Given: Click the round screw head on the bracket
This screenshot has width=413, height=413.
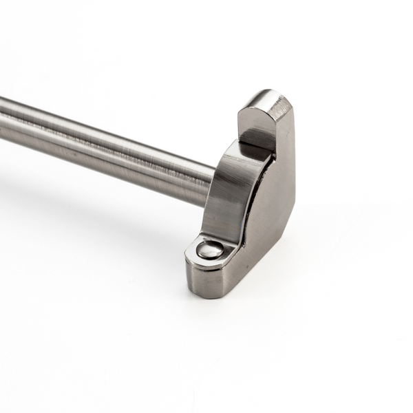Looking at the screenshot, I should [x=210, y=249].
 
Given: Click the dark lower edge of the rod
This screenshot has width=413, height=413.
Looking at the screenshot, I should [x=103, y=162].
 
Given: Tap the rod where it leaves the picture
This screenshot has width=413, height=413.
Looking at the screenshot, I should [x=3, y=120].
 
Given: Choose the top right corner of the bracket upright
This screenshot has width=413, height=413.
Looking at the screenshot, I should [x=290, y=103].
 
